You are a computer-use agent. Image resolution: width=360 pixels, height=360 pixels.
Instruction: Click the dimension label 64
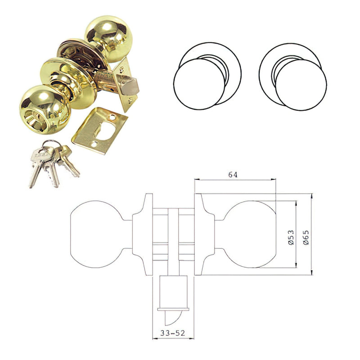pyautogui.click(x=233, y=175)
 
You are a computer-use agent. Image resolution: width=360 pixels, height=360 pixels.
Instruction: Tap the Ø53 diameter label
pyautogui.click(x=291, y=238)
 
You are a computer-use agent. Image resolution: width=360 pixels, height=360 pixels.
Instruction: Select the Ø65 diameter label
pyautogui.click(x=306, y=238)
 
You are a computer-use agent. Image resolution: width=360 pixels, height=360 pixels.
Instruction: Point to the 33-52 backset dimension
pyautogui.click(x=172, y=333)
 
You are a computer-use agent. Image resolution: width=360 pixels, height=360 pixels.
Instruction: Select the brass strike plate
pyautogui.click(x=99, y=130)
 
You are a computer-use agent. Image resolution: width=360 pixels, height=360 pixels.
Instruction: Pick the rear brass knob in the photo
pyautogui.click(x=109, y=38)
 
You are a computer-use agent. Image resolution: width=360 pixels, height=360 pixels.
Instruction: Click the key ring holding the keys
pyautogui.click(x=52, y=144)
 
